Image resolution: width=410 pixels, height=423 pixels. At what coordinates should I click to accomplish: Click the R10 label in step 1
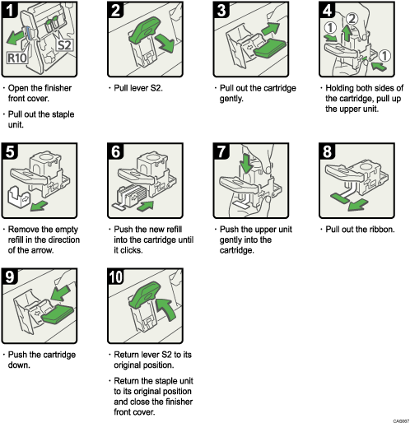pyautogui.click(x=18, y=59)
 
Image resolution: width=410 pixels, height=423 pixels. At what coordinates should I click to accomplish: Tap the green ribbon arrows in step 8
pyautogui.click(x=344, y=198)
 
